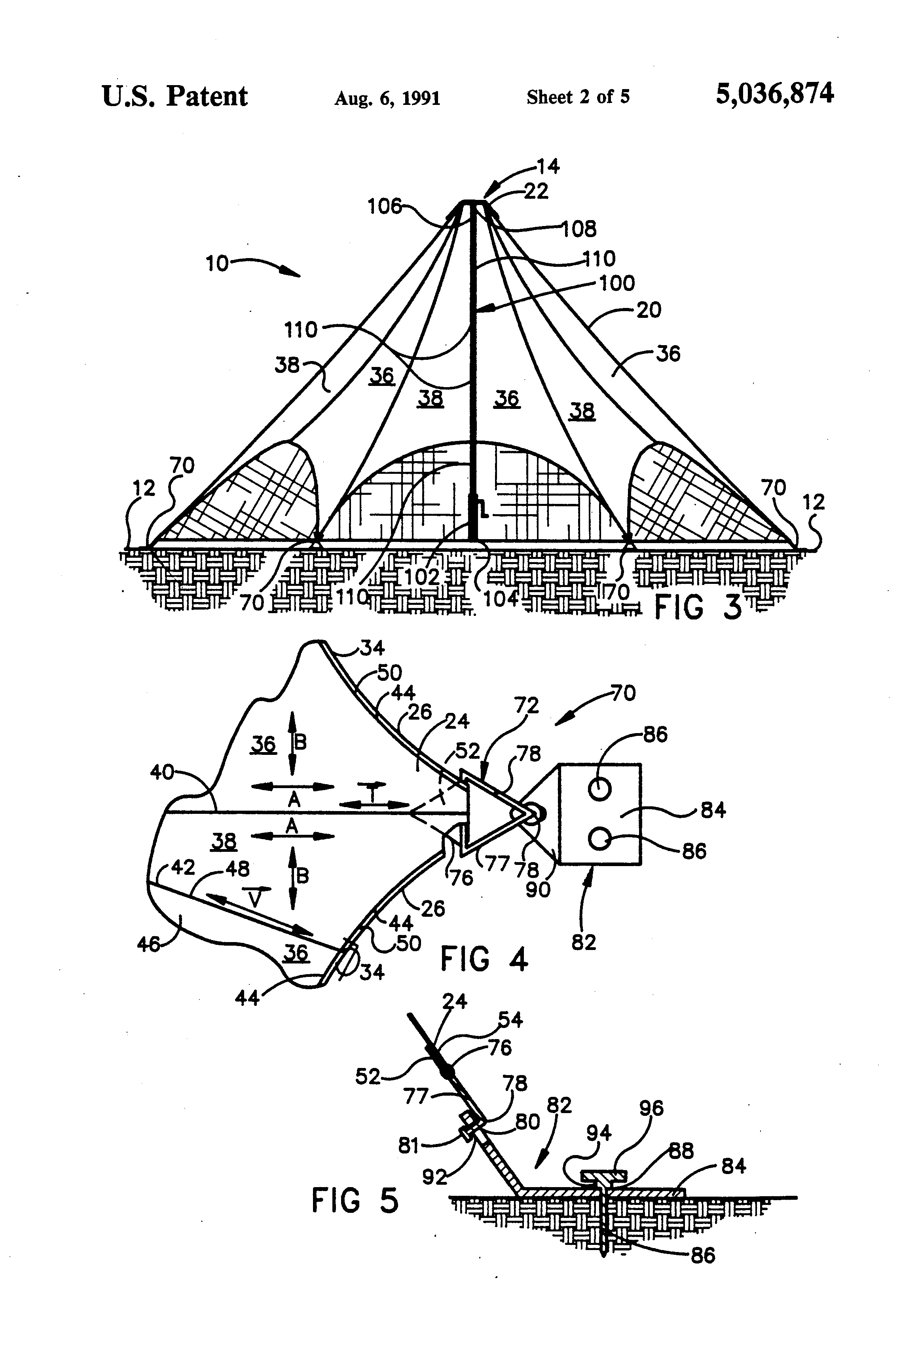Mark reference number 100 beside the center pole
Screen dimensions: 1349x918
[x=617, y=283]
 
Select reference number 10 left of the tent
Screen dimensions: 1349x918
[x=218, y=264]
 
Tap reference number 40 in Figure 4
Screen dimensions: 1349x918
[x=163, y=773]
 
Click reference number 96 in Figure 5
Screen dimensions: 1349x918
[x=651, y=1108]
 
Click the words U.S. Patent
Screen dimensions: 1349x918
[x=174, y=96]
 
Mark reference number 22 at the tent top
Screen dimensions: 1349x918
[x=536, y=192]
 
